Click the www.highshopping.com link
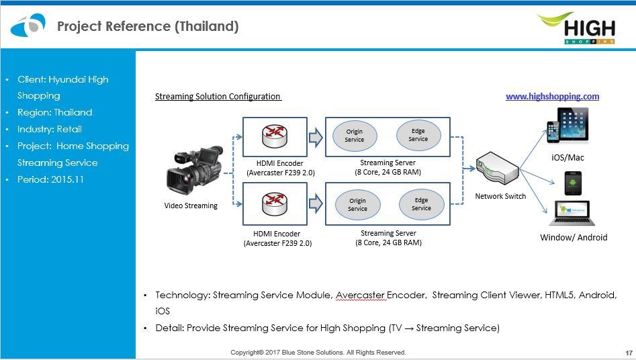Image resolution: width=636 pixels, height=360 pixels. click(552, 97)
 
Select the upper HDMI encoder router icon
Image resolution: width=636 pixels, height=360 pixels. click(274, 134)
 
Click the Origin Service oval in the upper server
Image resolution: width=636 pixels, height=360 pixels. click(355, 135)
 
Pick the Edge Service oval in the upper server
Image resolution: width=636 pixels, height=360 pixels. click(418, 134)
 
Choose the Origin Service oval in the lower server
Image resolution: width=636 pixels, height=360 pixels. click(357, 205)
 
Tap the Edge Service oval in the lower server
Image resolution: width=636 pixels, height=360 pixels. click(421, 204)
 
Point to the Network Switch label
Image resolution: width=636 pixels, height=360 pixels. click(500, 196)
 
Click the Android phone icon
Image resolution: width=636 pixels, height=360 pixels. click(572, 183)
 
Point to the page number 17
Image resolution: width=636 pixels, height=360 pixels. click(629, 353)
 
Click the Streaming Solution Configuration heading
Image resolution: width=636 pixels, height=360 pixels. click(218, 97)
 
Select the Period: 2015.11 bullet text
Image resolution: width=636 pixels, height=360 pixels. click(50, 179)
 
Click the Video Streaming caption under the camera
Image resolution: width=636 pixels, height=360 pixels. click(191, 206)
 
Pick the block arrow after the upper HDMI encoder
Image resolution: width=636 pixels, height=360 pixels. click(315, 138)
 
